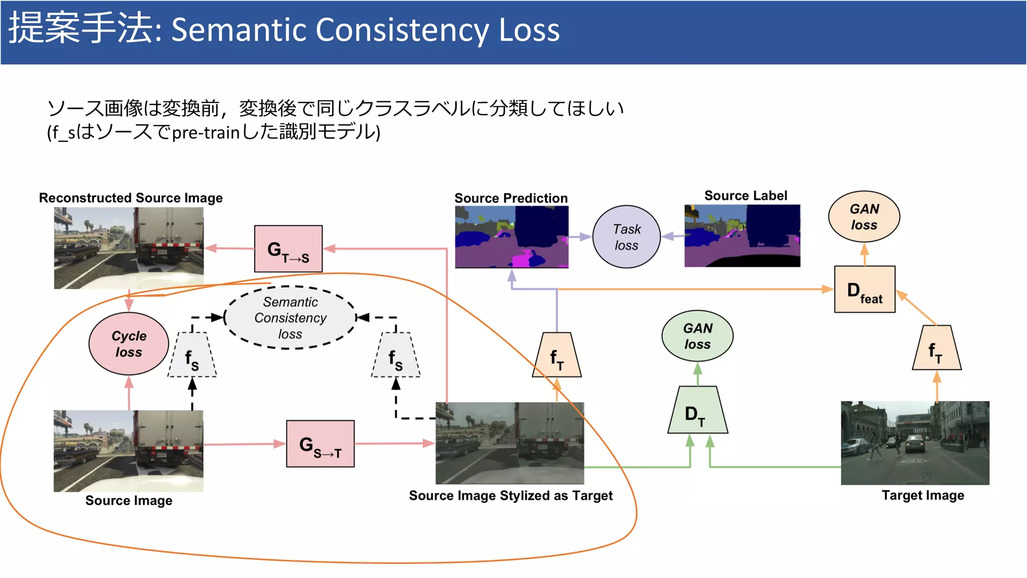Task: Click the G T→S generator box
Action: pyautogui.click(x=288, y=249)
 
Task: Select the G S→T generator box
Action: pyautogui.click(x=320, y=444)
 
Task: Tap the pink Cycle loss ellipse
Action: pyautogui.click(x=129, y=344)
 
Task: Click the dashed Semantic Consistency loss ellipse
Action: pyautogui.click(x=290, y=318)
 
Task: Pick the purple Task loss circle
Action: pyautogui.click(x=626, y=237)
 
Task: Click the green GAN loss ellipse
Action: pyautogui.click(x=697, y=336)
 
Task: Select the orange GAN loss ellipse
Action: pyautogui.click(x=864, y=217)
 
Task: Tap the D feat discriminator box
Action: pyautogui.click(x=865, y=290)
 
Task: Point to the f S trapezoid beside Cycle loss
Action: pyautogui.click(x=192, y=356)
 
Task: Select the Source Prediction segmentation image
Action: pyautogui.click(x=511, y=237)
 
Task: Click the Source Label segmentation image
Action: pyautogui.click(x=742, y=236)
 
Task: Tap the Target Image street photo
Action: pyautogui.click(x=915, y=443)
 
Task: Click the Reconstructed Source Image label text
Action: pyautogui.click(x=131, y=198)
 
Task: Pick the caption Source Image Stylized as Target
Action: pyautogui.click(x=510, y=496)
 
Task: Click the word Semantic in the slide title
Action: pyautogui.click(x=239, y=30)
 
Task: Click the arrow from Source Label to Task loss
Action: pyautogui.click(x=672, y=236)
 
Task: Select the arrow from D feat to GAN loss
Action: pyautogui.click(x=865, y=254)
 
